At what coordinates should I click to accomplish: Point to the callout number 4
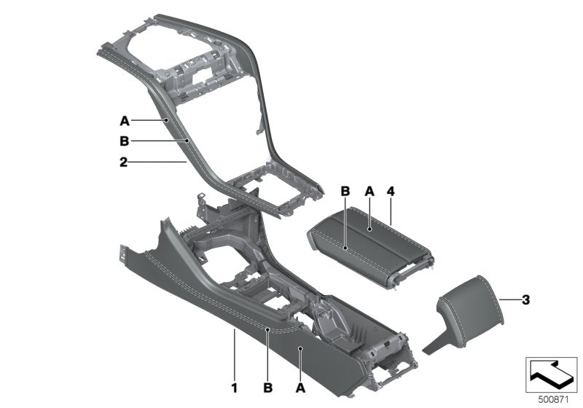391,191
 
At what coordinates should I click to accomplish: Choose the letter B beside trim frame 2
125,141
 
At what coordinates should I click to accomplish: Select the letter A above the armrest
369,191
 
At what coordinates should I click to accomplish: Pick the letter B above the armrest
346,191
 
